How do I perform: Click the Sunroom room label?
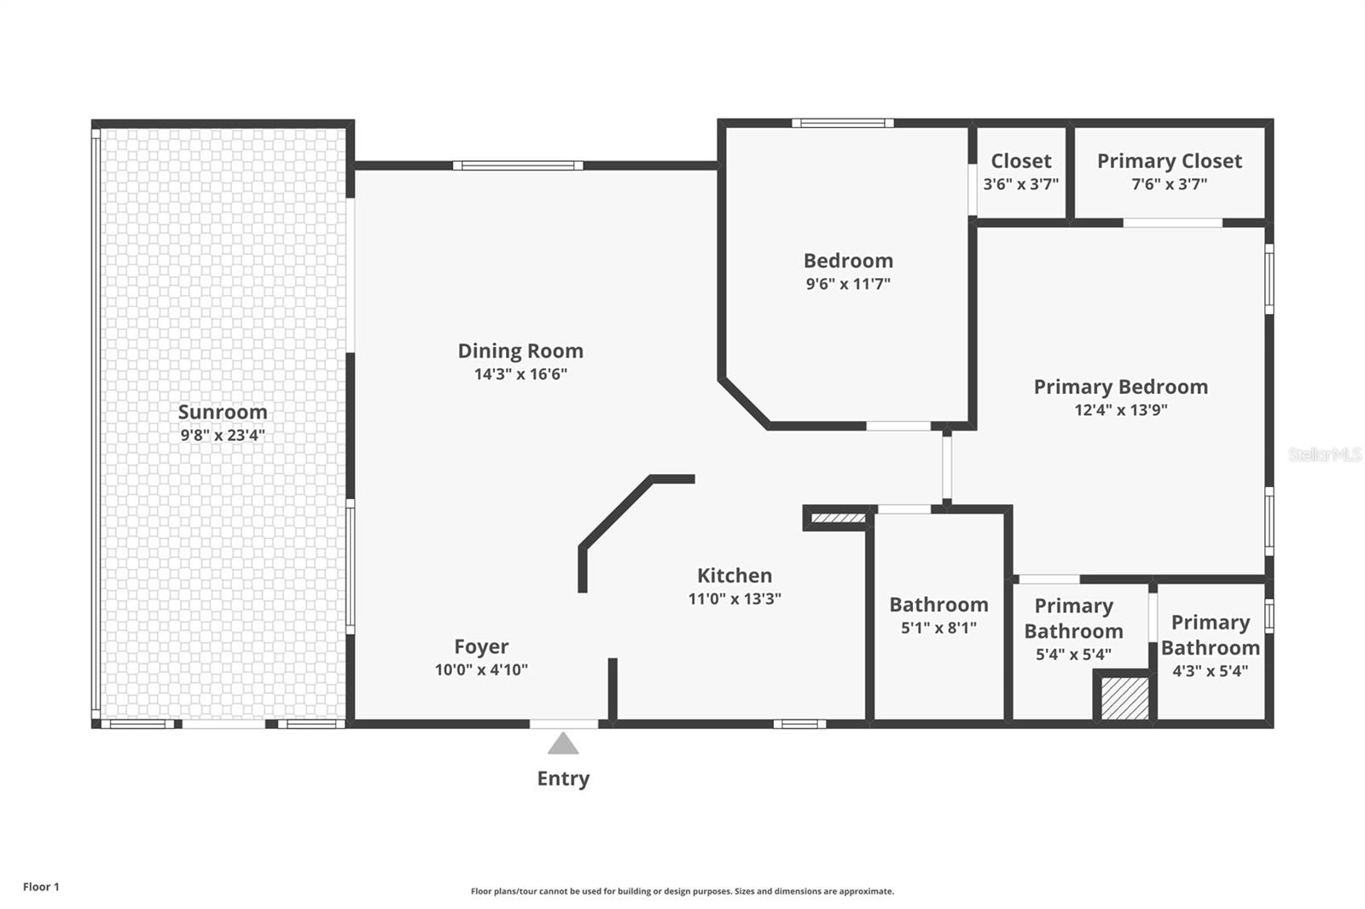(223, 412)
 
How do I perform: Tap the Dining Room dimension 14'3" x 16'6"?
(520, 374)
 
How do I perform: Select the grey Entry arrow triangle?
(563, 744)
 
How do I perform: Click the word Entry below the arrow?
(563, 779)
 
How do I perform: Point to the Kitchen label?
(735, 576)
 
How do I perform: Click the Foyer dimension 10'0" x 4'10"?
(481, 670)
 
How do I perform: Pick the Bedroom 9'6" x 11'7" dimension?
(848, 284)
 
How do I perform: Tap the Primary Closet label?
(1169, 161)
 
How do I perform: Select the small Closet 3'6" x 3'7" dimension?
(1020, 184)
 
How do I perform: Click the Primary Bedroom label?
(1120, 387)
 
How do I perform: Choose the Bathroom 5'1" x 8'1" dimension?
(938, 628)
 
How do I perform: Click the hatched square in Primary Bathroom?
(1124, 698)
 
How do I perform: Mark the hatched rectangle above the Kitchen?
(838, 518)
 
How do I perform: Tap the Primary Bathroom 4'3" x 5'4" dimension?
(1210, 671)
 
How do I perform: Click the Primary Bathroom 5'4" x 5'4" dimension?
(1073, 655)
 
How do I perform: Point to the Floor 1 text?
(41, 887)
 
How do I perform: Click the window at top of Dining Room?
(518, 165)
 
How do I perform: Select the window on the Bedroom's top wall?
(842, 124)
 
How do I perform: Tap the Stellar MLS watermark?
(1324, 454)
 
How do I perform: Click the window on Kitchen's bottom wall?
(799, 725)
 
